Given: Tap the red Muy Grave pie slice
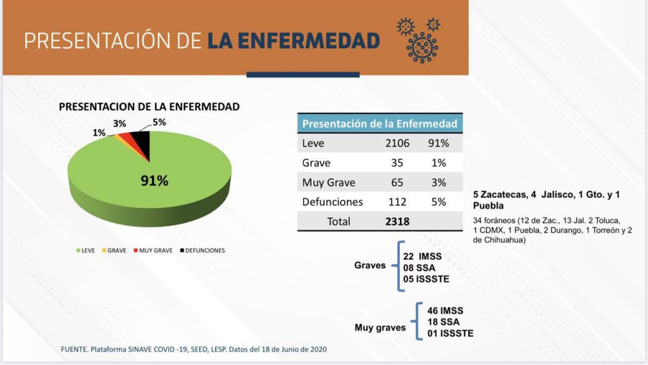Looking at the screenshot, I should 128,139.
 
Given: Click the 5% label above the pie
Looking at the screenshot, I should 159,122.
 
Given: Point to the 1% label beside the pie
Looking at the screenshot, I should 99,132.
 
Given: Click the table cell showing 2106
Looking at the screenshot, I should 397,143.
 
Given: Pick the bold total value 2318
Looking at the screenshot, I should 397,222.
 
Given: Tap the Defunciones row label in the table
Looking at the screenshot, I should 333,202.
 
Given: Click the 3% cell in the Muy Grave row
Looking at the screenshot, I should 439,182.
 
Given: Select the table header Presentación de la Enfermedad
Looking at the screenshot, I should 380,124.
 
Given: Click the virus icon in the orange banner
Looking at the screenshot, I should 419,39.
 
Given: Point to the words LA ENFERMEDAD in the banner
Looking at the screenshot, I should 294,41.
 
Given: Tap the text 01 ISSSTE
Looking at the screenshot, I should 451,333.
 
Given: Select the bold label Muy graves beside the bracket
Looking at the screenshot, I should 380,328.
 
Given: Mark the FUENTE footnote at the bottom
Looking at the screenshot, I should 194,349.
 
